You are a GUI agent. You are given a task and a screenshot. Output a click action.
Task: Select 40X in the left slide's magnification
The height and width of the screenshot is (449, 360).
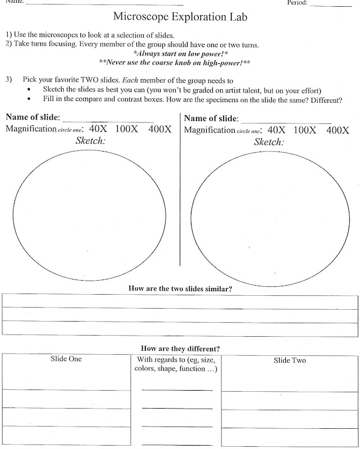(98, 129)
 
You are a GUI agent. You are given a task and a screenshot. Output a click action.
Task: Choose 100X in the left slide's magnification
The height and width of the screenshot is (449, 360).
(128, 129)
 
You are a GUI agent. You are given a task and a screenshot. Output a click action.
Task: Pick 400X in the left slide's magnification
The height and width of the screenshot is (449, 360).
(160, 129)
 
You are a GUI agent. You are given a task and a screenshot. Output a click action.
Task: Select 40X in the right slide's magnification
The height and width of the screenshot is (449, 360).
(276, 130)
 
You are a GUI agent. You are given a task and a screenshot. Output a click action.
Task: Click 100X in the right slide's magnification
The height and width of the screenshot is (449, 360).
(305, 130)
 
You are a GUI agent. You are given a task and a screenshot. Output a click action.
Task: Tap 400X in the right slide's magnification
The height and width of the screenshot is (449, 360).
(338, 130)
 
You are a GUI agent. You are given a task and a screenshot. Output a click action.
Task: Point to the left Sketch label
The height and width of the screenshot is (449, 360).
(90, 141)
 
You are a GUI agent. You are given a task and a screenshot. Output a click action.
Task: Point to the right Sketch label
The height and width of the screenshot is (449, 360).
(269, 142)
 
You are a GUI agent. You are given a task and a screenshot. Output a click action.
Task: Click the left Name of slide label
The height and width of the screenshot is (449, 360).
(33, 118)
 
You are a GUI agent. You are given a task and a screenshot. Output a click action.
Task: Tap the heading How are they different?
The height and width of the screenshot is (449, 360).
(180, 347)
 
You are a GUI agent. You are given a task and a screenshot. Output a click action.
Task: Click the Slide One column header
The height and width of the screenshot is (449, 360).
(66, 359)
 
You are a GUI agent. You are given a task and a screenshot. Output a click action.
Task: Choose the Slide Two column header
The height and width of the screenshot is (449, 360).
(290, 360)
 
